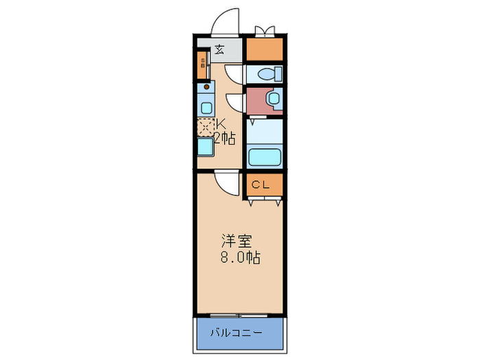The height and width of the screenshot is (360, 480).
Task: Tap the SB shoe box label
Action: coord(202,67)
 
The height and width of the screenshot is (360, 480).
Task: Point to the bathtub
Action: coord(264,157)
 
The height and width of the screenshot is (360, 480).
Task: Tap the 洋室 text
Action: coord(236,241)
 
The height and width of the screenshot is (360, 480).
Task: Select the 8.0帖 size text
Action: coord(239,259)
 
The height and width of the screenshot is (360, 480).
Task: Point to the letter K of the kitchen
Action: coord(221,124)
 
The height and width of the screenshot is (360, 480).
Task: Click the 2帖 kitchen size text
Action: coord(225,139)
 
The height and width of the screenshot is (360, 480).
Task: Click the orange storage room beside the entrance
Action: coord(264,49)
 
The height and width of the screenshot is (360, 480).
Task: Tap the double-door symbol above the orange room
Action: coord(264,30)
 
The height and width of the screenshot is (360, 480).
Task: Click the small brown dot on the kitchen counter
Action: coord(204,87)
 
